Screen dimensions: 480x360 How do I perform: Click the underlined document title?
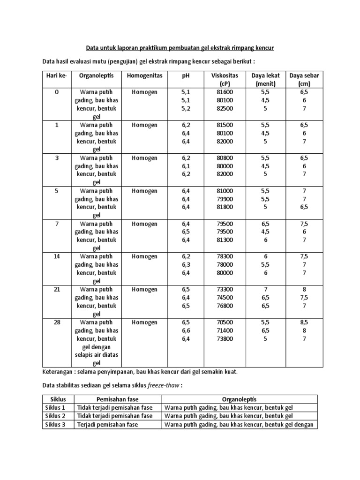[x=180, y=48]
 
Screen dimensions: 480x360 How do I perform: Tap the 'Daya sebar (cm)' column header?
[x=304, y=80]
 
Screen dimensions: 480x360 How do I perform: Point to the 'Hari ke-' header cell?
[x=57, y=75]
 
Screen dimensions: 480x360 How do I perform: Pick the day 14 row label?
[x=57, y=256]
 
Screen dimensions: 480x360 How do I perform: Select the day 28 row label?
[x=57, y=322]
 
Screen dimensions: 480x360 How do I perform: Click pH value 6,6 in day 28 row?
[x=186, y=330]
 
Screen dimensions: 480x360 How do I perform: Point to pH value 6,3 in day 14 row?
[x=186, y=265]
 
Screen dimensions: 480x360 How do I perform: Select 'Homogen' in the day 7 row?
[x=144, y=224]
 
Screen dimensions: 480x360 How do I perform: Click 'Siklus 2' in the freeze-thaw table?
[x=55, y=416]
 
